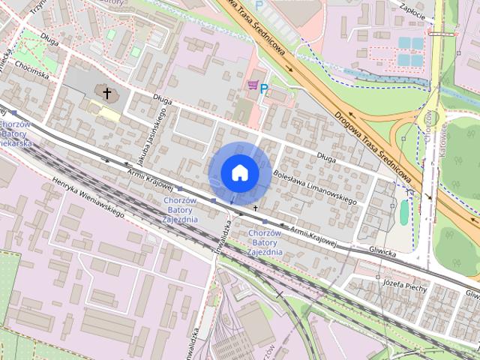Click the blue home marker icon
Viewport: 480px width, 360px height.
point(239,172)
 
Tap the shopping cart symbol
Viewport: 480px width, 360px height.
point(253,86)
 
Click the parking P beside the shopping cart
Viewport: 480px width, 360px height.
point(265,89)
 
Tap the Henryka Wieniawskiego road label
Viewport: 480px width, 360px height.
point(88,198)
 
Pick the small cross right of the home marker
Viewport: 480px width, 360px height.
point(256,207)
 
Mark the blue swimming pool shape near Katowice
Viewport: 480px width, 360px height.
point(404,213)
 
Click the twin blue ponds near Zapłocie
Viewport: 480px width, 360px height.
point(410,51)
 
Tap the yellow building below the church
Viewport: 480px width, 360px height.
point(109,114)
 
